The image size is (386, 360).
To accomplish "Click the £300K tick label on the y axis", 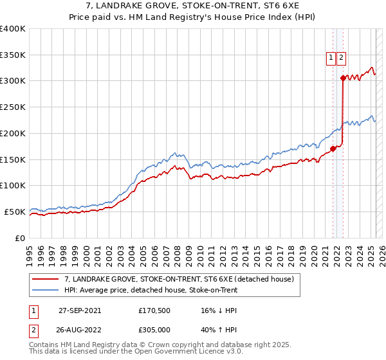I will tap(13, 81).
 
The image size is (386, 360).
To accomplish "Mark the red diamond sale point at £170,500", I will tap(333, 148).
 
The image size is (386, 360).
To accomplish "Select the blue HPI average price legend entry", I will tap(151, 291).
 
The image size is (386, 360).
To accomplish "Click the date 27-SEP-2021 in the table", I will tap(80, 310).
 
